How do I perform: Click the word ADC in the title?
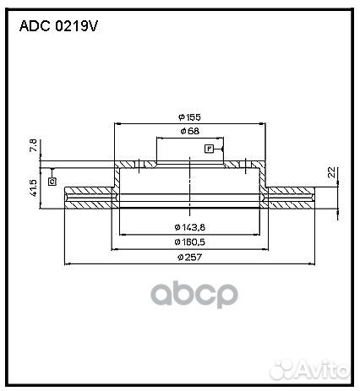pos(35,27)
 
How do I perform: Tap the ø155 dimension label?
pos(189,117)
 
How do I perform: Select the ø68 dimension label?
pos(189,133)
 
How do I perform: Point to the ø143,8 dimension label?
pos(189,227)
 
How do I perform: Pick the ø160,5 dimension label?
pos(189,242)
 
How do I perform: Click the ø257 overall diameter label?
pos(189,258)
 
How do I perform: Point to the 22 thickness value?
pos(332,173)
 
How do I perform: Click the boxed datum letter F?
pos(209,149)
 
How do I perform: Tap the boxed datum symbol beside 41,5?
pos(52,181)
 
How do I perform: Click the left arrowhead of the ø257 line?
pos(68,264)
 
